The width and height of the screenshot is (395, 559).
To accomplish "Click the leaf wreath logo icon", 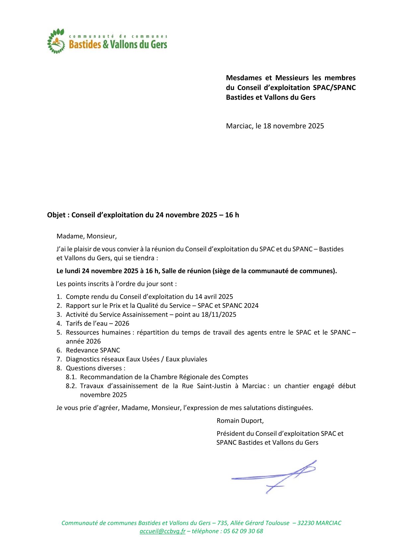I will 56,41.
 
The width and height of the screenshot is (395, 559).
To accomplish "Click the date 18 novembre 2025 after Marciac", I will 293,126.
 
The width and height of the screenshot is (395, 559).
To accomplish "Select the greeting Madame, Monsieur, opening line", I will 87,236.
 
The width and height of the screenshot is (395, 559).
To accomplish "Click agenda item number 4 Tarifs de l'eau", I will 97,324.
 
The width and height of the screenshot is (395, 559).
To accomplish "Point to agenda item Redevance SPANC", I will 93,350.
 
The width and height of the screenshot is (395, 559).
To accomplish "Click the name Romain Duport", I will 240,420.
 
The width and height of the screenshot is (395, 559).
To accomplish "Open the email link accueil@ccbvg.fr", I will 162,531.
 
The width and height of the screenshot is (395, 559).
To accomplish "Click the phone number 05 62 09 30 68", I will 243,531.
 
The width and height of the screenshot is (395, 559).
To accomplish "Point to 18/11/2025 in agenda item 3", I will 219,315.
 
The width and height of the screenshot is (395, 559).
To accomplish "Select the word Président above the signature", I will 231,433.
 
